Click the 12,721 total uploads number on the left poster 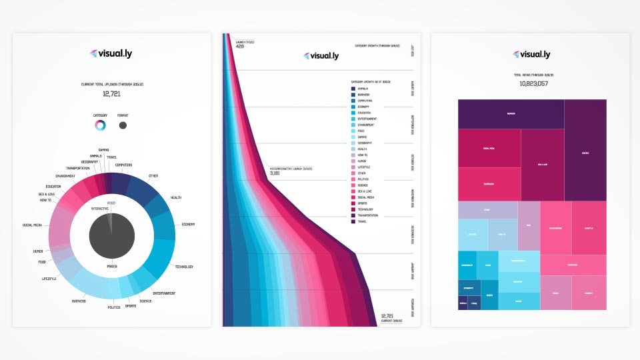coord(111,94)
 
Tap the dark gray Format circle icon coord(123,125)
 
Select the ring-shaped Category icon coord(100,125)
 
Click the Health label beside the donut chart coord(176,197)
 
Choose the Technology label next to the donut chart coord(184,267)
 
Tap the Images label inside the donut coord(111,266)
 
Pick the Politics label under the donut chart coord(115,307)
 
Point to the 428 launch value coord(241,46)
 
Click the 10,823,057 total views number coord(530,84)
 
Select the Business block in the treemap coord(511,114)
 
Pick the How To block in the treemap coord(502,235)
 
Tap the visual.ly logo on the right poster coord(530,54)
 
